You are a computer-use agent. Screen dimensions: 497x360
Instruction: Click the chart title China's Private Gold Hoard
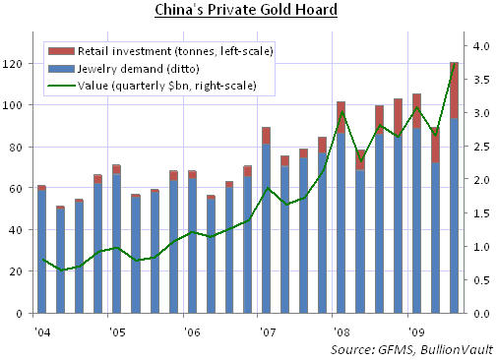(x=246, y=10)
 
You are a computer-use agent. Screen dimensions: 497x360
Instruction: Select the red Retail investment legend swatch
(x=61, y=51)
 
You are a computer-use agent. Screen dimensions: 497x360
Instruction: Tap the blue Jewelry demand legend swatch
(x=61, y=69)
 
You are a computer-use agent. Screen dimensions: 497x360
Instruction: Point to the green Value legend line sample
(x=61, y=86)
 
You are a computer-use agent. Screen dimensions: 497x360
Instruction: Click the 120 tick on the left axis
(x=12, y=64)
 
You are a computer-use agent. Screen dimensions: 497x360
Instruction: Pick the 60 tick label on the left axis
(x=16, y=188)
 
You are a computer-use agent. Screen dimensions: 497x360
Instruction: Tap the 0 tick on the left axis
(x=19, y=314)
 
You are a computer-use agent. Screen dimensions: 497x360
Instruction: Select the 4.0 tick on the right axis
(x=481, y=46)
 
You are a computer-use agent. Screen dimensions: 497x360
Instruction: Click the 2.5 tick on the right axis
(x=481, y=147)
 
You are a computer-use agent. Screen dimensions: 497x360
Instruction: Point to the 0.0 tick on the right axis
(x=481, y=314)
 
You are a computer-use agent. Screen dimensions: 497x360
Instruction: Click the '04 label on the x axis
(x=42, y=332)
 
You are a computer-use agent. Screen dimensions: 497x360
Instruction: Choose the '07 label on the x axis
(x=268, y=332)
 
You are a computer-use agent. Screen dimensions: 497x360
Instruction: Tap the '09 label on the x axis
(x=417, y=332)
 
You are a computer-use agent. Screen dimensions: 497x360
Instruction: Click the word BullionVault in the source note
(x=457, y=350)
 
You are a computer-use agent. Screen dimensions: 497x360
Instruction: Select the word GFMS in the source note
(x=395, y=350)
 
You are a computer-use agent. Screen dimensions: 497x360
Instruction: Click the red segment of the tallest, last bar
(x=454, y=90)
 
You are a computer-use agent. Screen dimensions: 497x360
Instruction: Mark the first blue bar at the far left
(x=41, y=252)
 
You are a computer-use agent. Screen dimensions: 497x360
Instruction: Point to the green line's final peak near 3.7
(x=454, y=64)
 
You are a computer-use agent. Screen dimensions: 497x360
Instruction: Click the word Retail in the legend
(x=90, y=51)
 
